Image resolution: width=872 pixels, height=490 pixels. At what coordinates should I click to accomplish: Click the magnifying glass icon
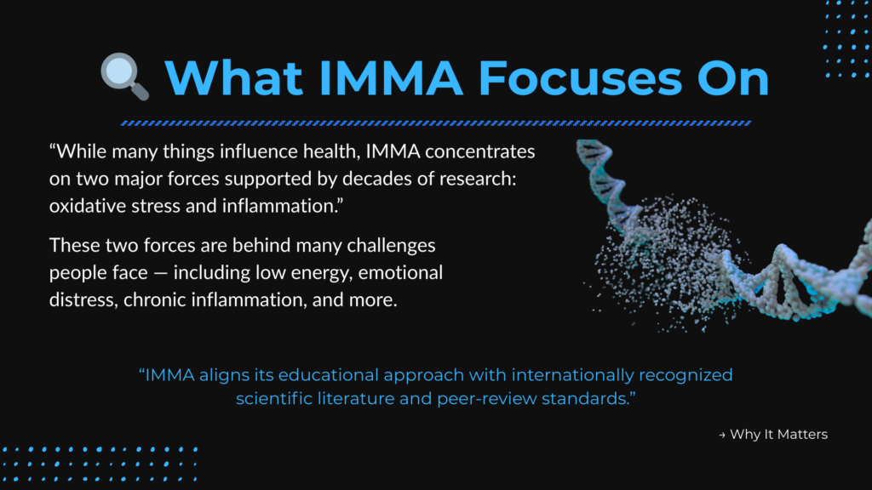click(x=124, y=76)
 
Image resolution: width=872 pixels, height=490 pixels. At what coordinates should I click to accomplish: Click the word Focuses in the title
click(x=580, y=77)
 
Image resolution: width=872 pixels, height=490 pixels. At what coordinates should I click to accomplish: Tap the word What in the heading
click(x=233, y=77)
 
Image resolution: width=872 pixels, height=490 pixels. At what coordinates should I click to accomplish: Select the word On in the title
click(x=733, y=77)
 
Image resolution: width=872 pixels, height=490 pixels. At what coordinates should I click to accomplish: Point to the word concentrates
click(x=480, y=151)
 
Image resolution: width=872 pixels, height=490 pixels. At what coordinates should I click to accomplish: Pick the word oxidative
click(x=88, y=206)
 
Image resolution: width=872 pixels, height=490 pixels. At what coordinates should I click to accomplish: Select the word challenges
click(x=391, y=246)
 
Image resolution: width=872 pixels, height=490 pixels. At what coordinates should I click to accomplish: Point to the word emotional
click(x=400, y=273)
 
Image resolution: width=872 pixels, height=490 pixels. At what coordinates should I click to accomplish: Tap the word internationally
click(x=573, y=375)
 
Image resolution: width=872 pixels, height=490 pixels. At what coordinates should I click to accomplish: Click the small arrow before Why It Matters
click(x=722, y=435)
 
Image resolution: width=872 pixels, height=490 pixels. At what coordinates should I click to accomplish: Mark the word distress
click(x=83, y=300)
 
